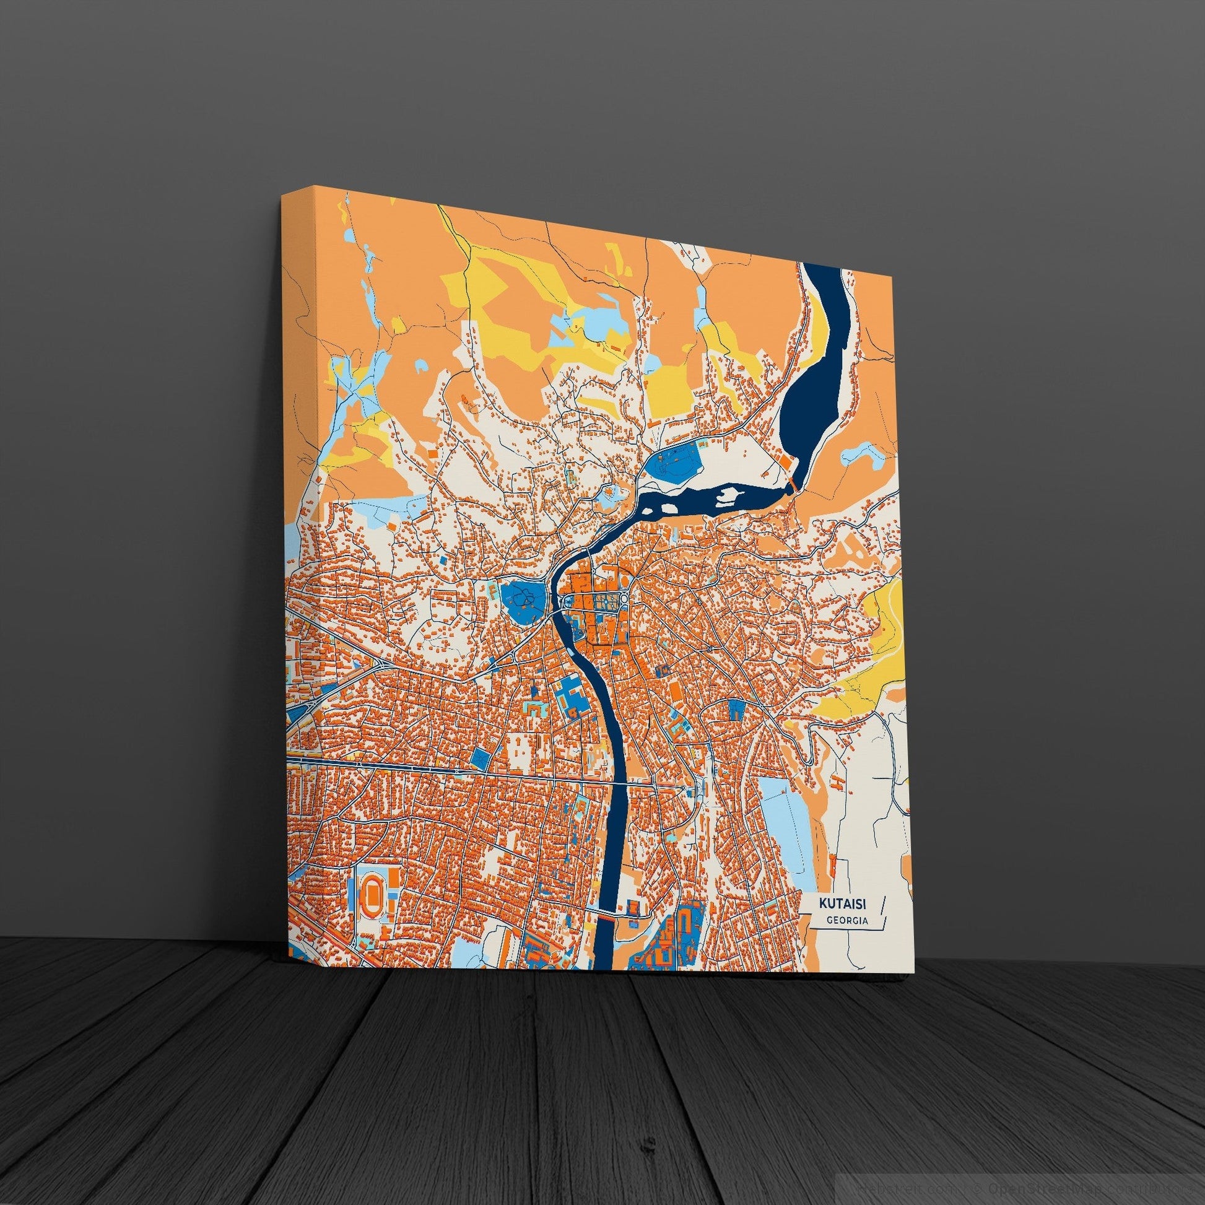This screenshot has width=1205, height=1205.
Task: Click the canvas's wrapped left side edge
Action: [303, 624]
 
